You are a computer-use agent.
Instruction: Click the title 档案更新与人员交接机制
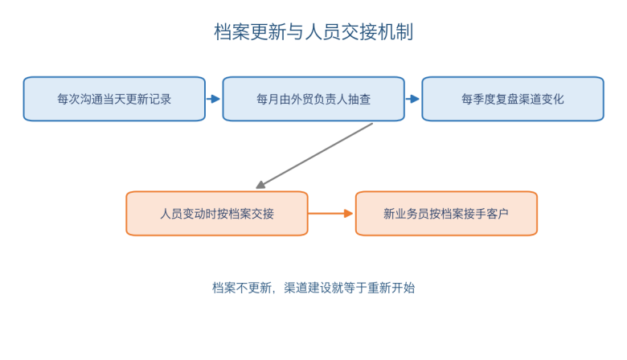(313, 32)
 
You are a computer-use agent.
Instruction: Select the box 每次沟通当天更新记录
(114, 99)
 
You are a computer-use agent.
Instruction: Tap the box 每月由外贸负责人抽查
(313, 99)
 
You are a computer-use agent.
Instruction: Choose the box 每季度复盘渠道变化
(513, 99)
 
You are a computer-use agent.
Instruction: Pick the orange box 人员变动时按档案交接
(217, 214)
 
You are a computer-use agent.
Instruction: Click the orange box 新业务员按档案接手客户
(446, 214)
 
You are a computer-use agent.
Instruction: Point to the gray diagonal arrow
(314, 156)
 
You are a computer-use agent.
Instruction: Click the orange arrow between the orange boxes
(330, 214)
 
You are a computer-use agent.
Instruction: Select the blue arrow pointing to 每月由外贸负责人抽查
(214, 99)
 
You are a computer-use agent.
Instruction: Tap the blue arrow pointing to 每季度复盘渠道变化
(412, 99)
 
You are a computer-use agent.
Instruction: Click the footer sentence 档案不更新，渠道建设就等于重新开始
(313, 288)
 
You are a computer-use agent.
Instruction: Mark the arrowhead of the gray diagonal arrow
(260, 185)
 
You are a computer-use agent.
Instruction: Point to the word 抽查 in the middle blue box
(359, 99)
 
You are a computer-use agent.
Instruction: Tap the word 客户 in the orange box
(498, 214)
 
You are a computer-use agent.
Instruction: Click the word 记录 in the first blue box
(160, 99)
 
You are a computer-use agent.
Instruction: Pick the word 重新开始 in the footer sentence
(391, 288)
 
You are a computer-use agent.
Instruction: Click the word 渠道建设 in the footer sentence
(308, 288)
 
